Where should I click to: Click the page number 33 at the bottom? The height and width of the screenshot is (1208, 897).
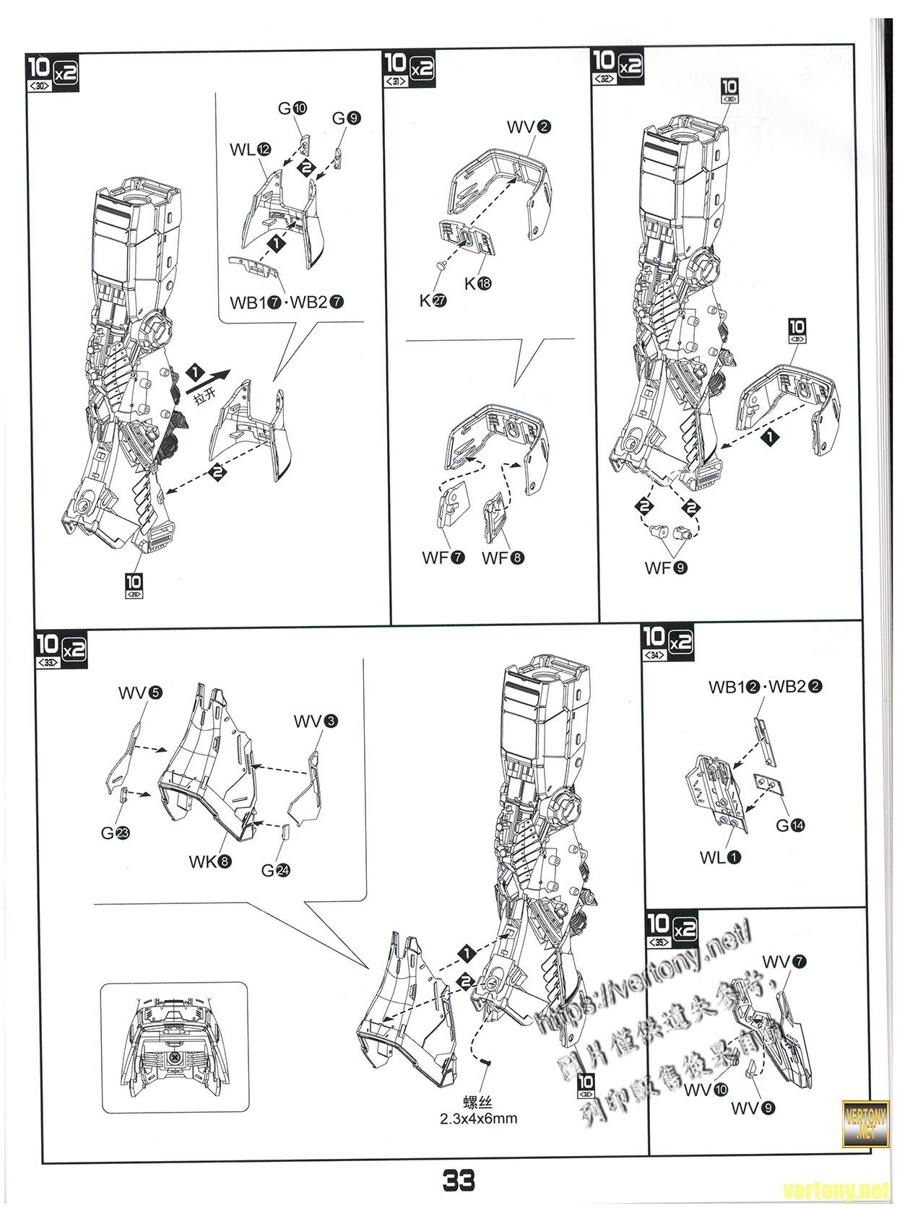tap(459, 1181)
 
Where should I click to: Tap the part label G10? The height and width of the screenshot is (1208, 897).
tap(292, 108)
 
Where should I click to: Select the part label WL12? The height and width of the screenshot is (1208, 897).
tap(251, 149)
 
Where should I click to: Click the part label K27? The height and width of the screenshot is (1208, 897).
tap(433, 300)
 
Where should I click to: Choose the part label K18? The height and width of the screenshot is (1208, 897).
tap(477, 284)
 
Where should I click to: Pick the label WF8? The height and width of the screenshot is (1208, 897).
tap(503, 557)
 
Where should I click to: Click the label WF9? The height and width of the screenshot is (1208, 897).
tap(666, 568)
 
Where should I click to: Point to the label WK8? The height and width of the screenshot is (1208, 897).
tap(210, 861)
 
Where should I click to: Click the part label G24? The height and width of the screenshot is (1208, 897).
tap(275, 871)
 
